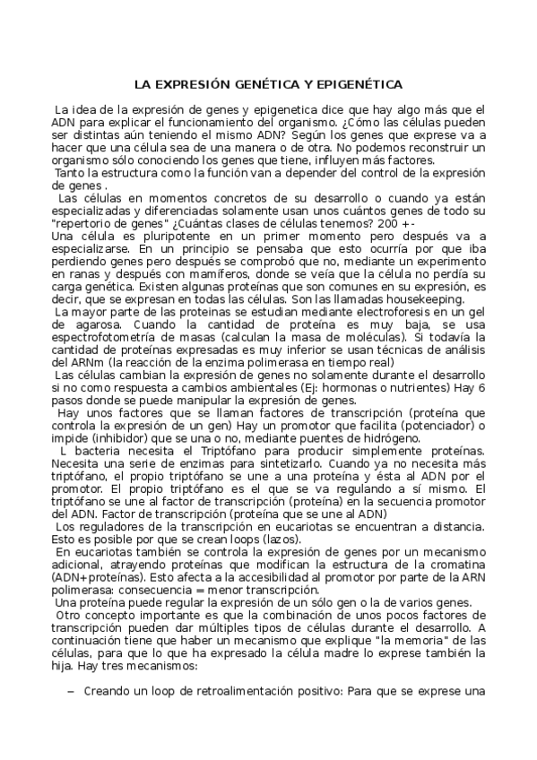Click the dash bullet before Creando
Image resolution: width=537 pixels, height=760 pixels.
72,691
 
